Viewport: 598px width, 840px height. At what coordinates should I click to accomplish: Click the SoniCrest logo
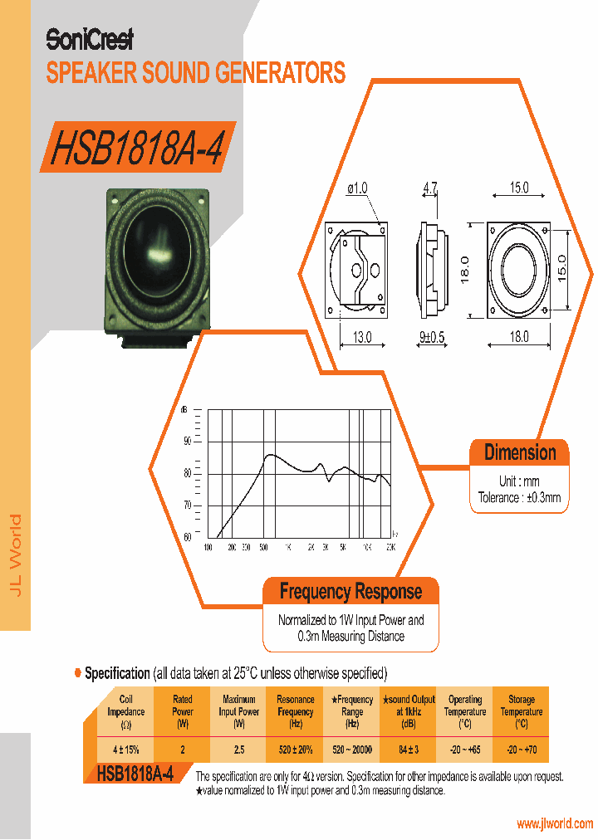click(x=89, y=39)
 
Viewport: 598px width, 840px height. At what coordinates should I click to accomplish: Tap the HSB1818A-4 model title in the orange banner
click(x=137, y=147)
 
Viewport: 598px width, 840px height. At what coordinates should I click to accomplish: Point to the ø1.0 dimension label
click(x=356, y=189)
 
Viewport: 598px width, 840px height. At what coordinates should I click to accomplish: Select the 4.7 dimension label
click(x=429, y=189)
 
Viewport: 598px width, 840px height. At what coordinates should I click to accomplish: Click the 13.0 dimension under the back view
click(x=363, y=337)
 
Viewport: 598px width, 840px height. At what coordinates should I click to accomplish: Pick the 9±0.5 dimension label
click(x=432, y=337)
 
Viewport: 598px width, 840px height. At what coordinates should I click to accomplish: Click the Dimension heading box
click(x=520, y=452)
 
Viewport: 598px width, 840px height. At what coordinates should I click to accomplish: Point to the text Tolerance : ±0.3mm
click(x=520, y=498)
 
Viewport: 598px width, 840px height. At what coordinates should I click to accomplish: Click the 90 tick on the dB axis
click(x=187, y=441)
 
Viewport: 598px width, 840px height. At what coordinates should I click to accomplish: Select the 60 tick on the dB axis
click(x=187, y=537)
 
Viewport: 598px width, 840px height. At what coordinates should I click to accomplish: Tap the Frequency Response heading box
click(x=350, y=592)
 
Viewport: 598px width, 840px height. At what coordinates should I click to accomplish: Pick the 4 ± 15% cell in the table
click(x=126, y=750)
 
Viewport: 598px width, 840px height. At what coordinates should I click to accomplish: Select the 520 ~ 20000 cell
click(x=352, y=750)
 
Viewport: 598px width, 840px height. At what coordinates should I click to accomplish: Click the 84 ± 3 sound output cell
click(x=409, y=750)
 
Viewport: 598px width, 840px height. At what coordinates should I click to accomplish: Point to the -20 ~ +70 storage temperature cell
click(x=521, y=750)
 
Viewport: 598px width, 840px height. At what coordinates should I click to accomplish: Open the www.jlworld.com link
click(x=555, y=823)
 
